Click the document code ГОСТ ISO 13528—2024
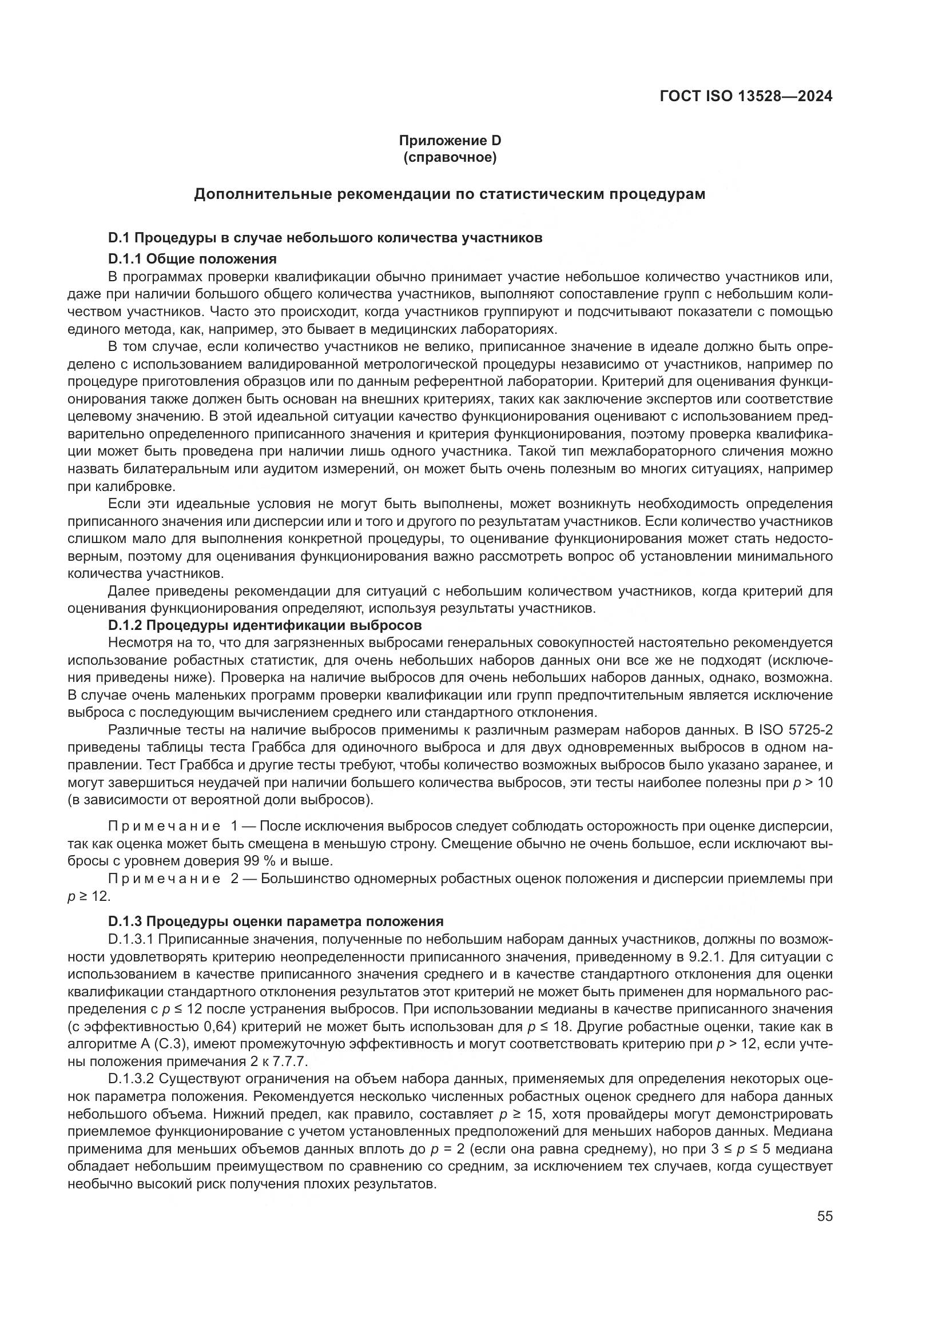click(x=746, y=96)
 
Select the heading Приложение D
click(x=450, y=141)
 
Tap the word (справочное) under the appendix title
click(x=450, y=158)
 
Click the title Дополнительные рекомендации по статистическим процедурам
click(x=450, y=194)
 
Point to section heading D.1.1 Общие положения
click(x=192, y=258)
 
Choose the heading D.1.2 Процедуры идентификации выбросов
click(x=265, y=625)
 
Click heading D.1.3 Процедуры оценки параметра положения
click(x=276, y=921)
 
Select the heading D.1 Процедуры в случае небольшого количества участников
click(x=325, y=238)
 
